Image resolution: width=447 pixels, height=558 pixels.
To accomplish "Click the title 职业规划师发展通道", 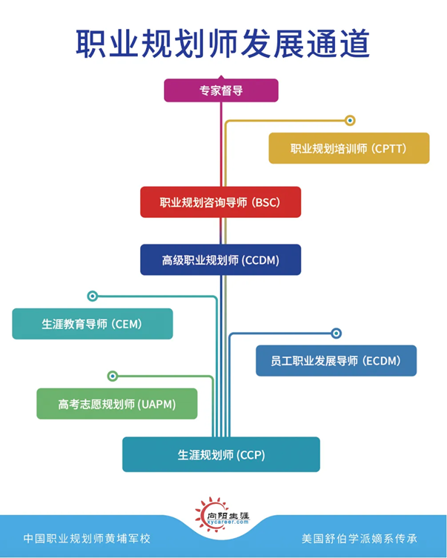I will (222, 44).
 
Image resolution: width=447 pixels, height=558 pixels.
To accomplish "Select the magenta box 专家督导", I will (221, 90).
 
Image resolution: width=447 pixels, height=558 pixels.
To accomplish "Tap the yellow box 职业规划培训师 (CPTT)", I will (348, 148).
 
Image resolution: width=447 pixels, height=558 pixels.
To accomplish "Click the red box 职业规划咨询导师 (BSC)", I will (220, 202).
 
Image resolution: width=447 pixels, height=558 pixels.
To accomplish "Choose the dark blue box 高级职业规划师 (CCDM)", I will (220, 260).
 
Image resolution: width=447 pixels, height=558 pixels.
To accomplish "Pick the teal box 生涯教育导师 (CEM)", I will (92, 324).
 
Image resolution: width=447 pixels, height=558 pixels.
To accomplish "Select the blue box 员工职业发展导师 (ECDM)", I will (336, 361).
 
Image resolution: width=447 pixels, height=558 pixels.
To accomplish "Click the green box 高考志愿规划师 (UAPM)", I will (116, 404).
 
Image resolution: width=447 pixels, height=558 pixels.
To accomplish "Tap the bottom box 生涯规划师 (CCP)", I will (221, 454).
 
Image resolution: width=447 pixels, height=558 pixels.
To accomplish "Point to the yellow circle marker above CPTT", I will (351, 120).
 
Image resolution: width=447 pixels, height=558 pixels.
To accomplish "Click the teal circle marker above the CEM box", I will (92, 296).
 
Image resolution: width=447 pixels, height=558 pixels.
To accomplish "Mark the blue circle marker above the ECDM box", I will (336, 333).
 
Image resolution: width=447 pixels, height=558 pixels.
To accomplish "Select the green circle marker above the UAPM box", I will (113, 376).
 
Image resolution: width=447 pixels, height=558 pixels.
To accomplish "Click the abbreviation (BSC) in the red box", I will (265, 202).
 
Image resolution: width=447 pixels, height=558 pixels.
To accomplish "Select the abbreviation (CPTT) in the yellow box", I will (390, 148).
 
